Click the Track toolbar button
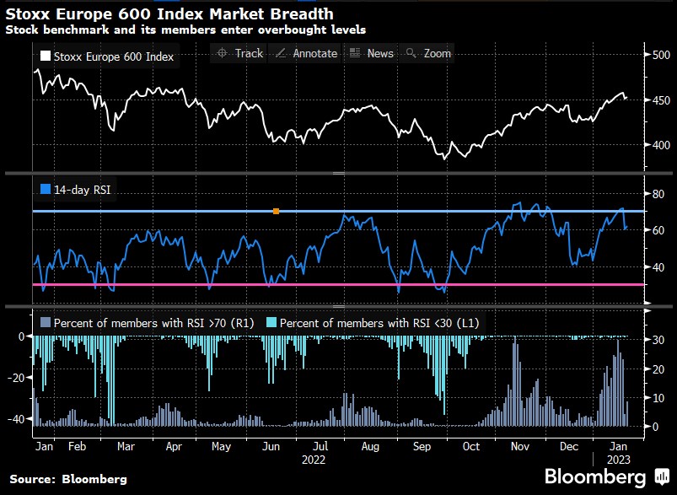240,53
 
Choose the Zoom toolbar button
429,53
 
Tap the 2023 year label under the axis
617,460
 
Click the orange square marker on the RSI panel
277,211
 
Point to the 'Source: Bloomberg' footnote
69,479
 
